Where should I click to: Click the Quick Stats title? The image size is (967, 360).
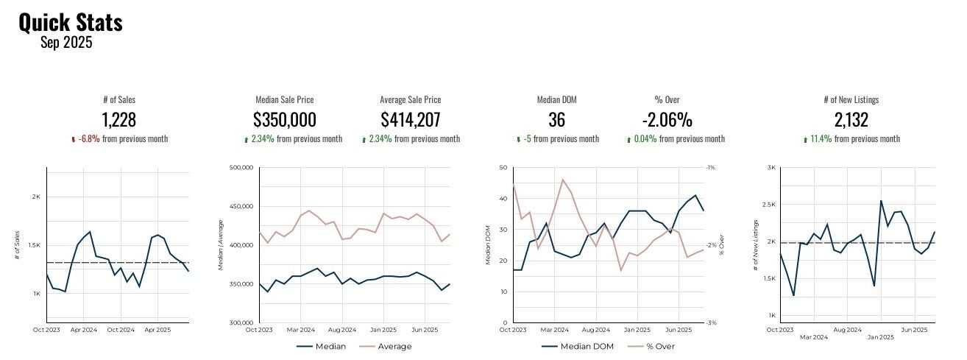[x=70, y=23]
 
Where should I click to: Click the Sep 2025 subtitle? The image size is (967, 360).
[x=66, y=43]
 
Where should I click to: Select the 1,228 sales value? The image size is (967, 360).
[x=118, y=120]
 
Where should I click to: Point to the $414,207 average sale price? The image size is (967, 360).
[x=411, y=120]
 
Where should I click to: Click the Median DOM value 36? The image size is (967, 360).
[x=556, y=120]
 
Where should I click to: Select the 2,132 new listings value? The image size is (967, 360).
[x=851, y=120]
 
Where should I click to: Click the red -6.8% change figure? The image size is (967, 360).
[x=88, y=139]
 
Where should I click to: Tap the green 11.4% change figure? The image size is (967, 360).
[x=821, y=139]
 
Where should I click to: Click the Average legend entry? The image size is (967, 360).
[x=394, y=347]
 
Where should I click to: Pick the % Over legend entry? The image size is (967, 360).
[x=659, y=347]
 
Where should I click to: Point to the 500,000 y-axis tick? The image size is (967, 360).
[x=241, y=168]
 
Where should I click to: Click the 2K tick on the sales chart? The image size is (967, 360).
[x=36, y=197]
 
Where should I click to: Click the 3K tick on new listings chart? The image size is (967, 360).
[x=771, y=168]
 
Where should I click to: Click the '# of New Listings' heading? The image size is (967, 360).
[x=851, y=99]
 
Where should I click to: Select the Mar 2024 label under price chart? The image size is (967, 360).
[x=301, y=330]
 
